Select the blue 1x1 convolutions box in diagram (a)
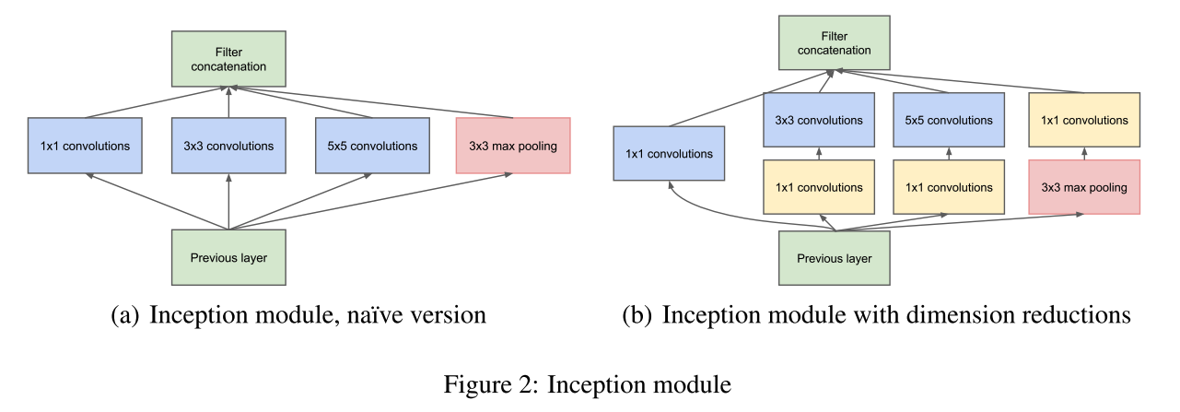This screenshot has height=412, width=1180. pyautogui.click(x=85, y=146)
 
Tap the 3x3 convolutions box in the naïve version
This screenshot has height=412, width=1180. pyautogui.click(x=228, y=146)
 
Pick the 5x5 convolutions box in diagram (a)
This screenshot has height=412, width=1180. pyautogui.click(x=372, y=146)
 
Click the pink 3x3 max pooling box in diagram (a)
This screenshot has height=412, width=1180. pyautogui.click(x=513, y=146)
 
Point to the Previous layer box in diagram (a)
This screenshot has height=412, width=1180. pyautogui.click(x=228, y=257)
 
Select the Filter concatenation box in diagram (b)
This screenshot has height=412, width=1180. pyautogui.click(x=835, y=42)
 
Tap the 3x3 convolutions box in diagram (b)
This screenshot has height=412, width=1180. pyautogui.click(x=819, y=120)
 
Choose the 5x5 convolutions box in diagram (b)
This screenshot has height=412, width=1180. pyautogui.click(x=949, y=120)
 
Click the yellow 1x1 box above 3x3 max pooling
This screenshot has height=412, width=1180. pyautogui.click(x=1083, y=120)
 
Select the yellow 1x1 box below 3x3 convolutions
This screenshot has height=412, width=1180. pyautogui.click(x=819, y=187)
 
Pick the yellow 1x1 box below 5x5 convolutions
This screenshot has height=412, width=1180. pyautogui.click(x=949, y=187)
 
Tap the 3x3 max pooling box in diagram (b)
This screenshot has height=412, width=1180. pyautogui.click(x=1083, y=187)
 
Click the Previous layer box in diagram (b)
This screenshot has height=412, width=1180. pyautogui.click(x=835, y=259)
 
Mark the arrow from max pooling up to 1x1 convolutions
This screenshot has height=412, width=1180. pyautogui.click(x=1083, y=154)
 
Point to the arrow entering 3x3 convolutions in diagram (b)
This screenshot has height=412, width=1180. pyautogui.click(x=819, y=154)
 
